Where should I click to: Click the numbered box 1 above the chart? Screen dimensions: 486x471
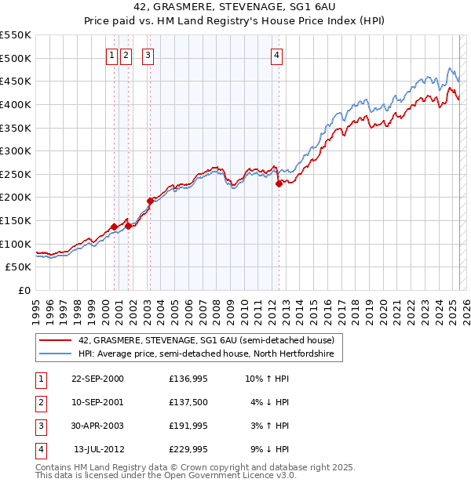coord(112,55)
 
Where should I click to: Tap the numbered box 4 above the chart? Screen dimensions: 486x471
coord(278,55)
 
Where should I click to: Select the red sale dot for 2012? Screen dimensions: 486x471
coord(279,184)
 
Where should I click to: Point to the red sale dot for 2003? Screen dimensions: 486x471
coord(150,201)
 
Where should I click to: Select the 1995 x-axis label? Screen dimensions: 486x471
coord(36,309)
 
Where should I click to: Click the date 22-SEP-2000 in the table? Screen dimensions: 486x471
coord(97,379)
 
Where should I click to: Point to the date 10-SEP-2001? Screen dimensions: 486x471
coord(97,402)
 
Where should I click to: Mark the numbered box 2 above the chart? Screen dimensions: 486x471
coord(126,55)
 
